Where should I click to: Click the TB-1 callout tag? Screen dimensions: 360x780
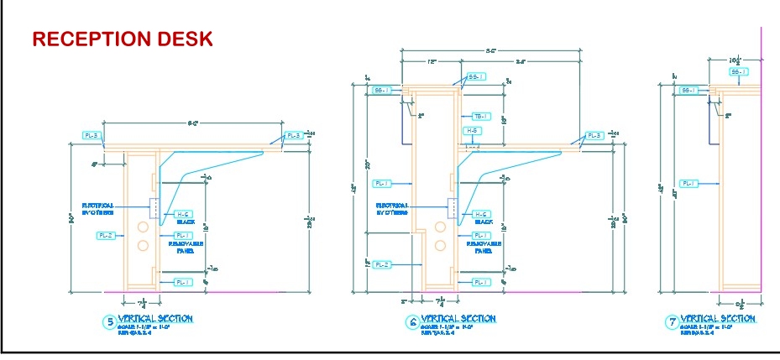coord(481,117)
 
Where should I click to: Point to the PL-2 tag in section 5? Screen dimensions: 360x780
coord(106,236)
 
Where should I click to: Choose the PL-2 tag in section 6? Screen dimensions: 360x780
coord(381,264)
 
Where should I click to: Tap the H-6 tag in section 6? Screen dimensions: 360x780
coord(481,214)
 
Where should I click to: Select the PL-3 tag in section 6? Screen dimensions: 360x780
coord(594,136)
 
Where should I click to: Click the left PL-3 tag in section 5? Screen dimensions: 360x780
coord(92,135)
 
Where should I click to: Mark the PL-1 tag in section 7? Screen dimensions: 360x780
coord(688,183)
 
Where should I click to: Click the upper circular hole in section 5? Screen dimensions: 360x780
coord(143,227)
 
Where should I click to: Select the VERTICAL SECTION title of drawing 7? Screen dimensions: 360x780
coord(718,319)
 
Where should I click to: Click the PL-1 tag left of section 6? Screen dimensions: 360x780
coord(382,183)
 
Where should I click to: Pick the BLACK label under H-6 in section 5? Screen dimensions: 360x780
coord(186,223)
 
